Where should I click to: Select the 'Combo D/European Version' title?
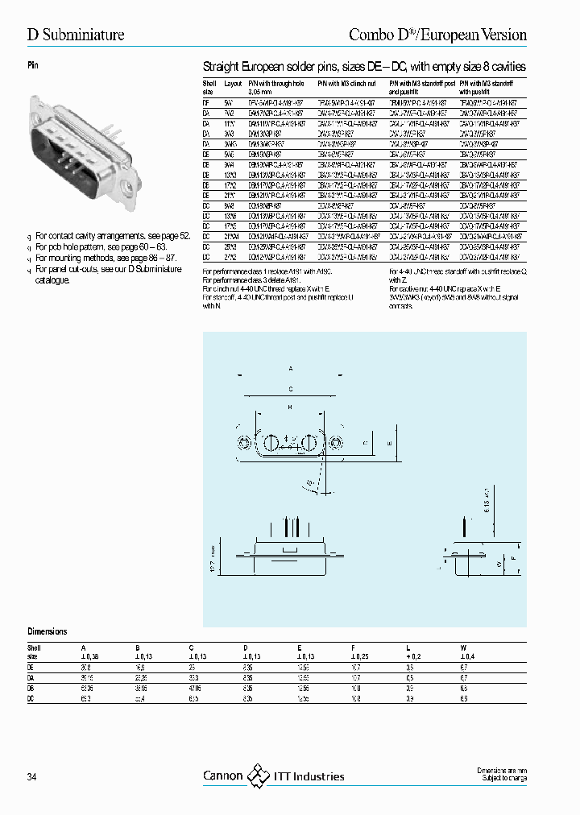point(437,35)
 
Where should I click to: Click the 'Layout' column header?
point(233,83)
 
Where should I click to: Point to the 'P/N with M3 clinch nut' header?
point(346,83)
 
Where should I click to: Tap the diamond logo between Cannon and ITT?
point(258,776)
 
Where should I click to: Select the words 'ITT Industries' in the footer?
point(309,777)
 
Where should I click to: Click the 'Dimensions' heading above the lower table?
point(48,632)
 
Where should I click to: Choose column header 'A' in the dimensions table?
point(82,647)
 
